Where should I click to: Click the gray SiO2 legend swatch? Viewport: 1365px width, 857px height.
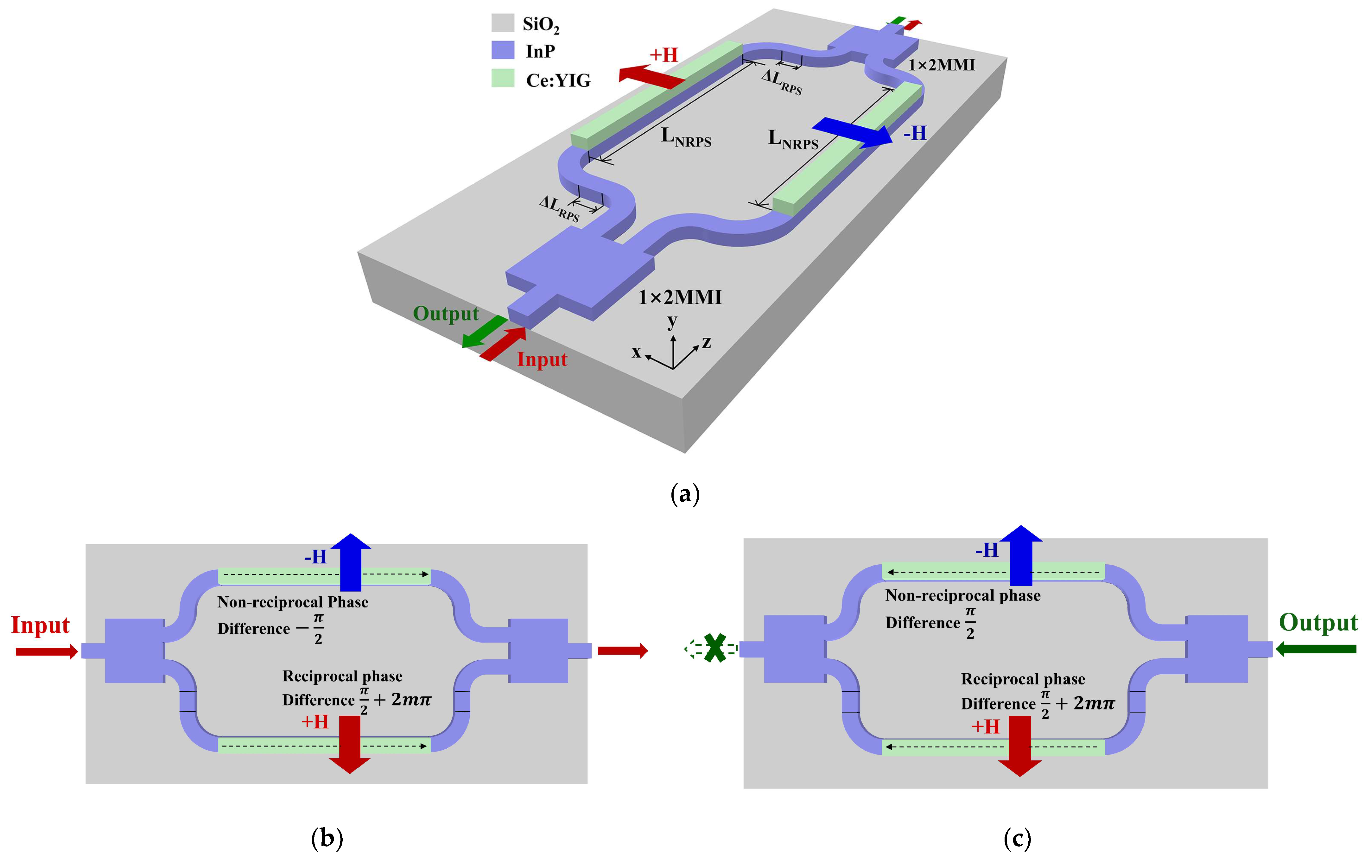(502, 23)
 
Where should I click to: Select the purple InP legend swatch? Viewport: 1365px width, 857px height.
(502, 50)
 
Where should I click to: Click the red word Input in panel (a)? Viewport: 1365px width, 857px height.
(541, 359)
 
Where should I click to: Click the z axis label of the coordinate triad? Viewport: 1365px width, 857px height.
(706, 342)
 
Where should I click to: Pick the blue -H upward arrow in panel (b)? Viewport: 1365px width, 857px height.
(351, 561)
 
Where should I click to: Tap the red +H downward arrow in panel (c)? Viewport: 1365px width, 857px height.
(1019, 745)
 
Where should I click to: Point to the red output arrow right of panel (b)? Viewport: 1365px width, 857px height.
(622, 651)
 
